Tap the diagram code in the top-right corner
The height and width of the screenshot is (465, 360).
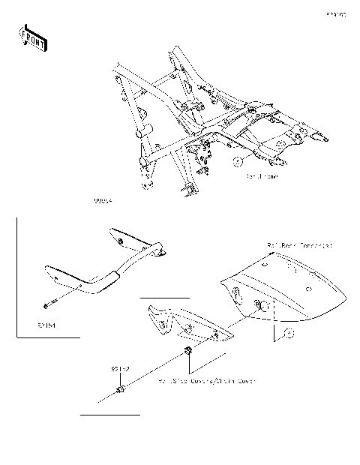335,14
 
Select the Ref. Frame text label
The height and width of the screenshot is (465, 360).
262,177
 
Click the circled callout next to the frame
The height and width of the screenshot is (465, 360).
236,161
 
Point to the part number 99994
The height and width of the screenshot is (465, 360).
103,202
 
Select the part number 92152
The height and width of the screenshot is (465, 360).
121,369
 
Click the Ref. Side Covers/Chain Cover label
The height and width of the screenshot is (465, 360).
207,381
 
